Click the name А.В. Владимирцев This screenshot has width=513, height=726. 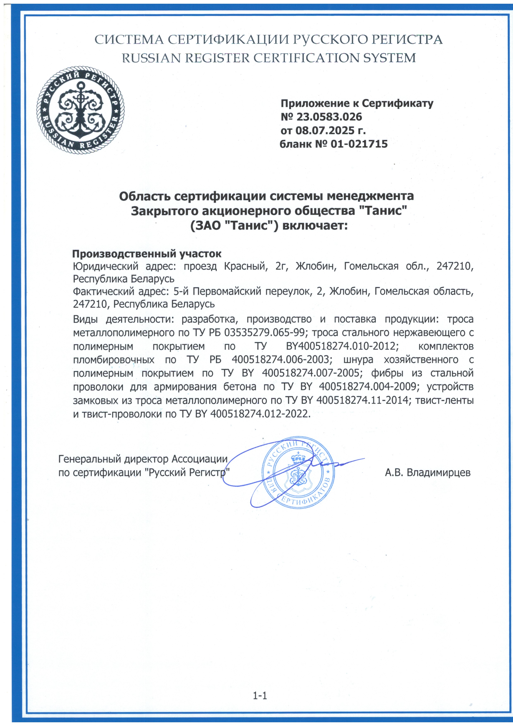pyautogui.click(x=427, y=472)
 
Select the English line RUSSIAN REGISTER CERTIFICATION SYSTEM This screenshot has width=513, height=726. pyautogui.click(x=269, y=58)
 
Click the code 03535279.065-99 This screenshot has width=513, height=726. pyautogui.click(x=264, y=333)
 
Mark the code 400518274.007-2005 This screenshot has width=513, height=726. pyautogui.click(x=311, y=373)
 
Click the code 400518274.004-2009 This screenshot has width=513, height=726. pyautogui.click(x=368, y=387)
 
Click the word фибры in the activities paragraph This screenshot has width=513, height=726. pyautogui.click(x=387, y=373)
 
